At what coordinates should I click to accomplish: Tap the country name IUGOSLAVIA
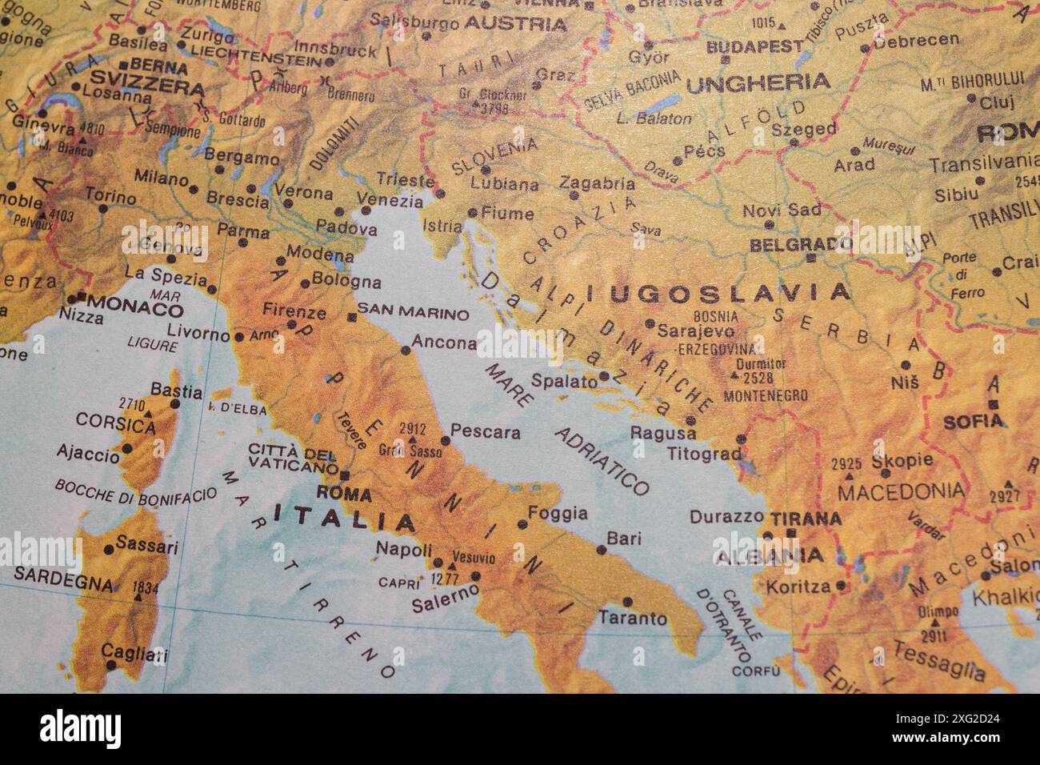pyautogui.click(x=718, y=293)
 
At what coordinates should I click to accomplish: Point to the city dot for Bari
pyautogui.click(x=602, y=550)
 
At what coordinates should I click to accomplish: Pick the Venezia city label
pyautogui.click(x=389, y=200)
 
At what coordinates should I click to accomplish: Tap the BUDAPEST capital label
pyautogui.click(x=754, y=46)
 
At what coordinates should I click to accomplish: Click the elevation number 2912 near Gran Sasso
pyautogui.click(x=412, y=429)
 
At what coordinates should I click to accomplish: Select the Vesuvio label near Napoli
pyautogui.click(x=474, y=558)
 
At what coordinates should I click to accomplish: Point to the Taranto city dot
pyautogui.click(x=627, y=602)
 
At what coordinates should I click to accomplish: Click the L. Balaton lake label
pyautogui.click(x=654, y=118)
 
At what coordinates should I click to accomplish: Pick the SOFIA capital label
pyautogui.click(x=973, y=421)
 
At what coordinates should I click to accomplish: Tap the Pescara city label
pyautogui.click(x=486, y=433)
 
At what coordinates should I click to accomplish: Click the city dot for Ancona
pyautogui.click(x=405, y=350)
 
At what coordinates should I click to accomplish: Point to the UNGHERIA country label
pyautogui.click(x=758, y=82)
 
